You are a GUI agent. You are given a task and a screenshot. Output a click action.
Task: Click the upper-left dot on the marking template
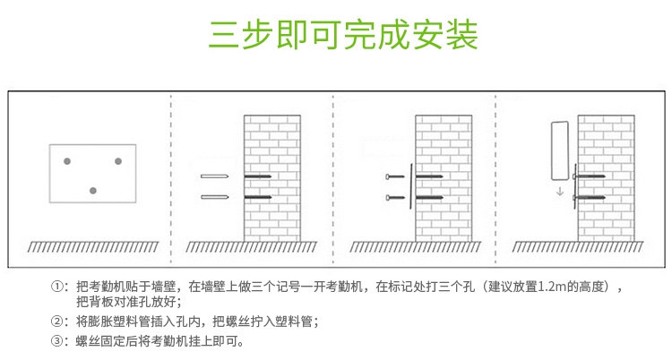(x=67, y=161)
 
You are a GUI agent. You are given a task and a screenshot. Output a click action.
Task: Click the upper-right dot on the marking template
(x=117, y=161)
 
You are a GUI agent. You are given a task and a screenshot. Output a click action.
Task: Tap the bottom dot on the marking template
(x=92, y=190)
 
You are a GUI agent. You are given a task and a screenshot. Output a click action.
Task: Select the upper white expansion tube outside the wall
(x=215, y=176)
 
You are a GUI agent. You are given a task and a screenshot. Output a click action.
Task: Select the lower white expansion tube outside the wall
(x=215, y=196)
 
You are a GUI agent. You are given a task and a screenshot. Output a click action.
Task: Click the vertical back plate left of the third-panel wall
(x=410, y=186)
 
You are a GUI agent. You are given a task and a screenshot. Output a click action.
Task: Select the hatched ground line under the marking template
(x=92, y=245)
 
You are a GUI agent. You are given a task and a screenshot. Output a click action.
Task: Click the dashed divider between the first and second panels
(x=171, y=179)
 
